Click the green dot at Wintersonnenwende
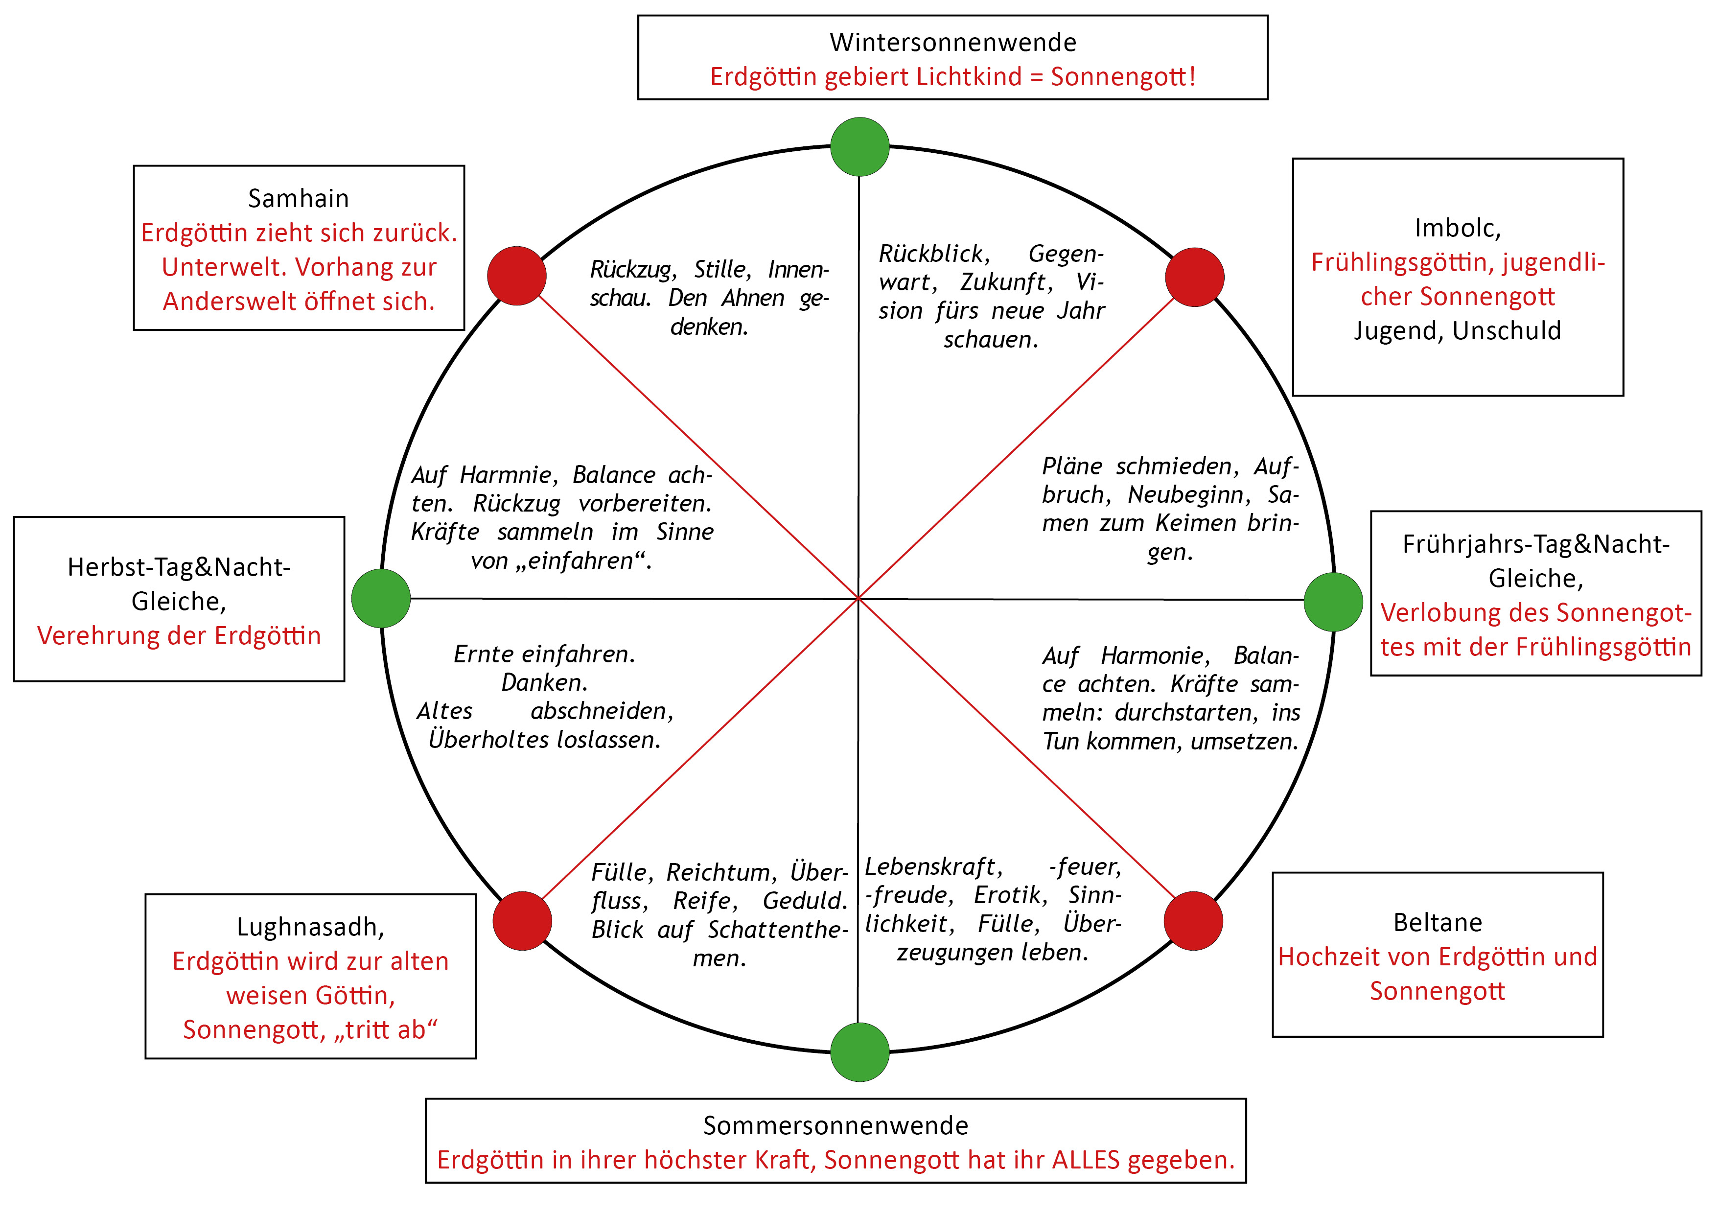[x=859, y=146]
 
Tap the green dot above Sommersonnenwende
[x=859, y=1051]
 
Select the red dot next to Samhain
[x=517, y=276]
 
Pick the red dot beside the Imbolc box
[x=1194, y=278]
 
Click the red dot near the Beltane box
[x=1193, y=921]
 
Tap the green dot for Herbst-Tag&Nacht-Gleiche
[x=381, y=598]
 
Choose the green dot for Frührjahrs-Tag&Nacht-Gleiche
[x=1333, y=602]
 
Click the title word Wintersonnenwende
[x=953, y=43]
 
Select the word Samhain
[x=299, y=199]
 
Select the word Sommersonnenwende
[x=835, y=1126]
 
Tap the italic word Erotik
[x=1010, y=895]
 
